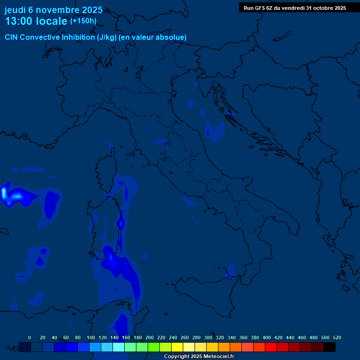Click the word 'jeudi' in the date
[15, 10]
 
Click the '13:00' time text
[19, 21]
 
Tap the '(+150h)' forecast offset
[83, 21]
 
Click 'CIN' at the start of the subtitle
[12, 37]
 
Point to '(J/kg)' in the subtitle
[106, 37]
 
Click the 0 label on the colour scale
[30, 337]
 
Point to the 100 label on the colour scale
[91, 337]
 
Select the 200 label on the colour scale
[150, 337]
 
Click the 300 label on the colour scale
[208, 337]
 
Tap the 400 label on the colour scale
[267, 337]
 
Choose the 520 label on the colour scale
[337, 337]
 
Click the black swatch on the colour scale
[330, 347]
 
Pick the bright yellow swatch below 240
[177, 347]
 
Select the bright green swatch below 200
[154, 347]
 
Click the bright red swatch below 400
[271, 347]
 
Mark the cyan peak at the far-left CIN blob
[4, 192]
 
